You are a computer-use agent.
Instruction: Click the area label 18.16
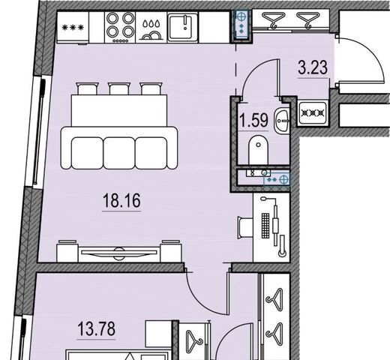[121, 201]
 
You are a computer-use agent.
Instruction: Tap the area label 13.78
[96, 328]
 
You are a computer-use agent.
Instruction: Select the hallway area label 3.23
[313, 67]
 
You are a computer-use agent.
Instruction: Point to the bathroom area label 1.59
[253, 120]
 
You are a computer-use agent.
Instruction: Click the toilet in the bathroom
[259, 149]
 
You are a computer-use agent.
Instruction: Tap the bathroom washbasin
[282, 121]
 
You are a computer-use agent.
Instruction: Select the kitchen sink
[183, 27]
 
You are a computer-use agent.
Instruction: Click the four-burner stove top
[120, 27]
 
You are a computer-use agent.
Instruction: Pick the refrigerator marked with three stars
[73, 28]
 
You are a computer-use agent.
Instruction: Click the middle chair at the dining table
[119, 88]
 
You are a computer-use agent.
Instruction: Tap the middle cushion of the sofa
[119, 153]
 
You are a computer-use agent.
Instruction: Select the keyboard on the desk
[265, 226]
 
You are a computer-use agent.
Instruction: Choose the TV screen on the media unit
[119, 253]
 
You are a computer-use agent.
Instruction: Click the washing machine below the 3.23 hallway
[313, 113]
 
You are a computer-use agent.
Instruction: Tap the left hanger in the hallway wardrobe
[271, 19]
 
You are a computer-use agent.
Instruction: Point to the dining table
[119, 110]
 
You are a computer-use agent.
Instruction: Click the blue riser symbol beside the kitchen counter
[241, 24]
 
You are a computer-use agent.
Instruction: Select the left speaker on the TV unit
[67, 251]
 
